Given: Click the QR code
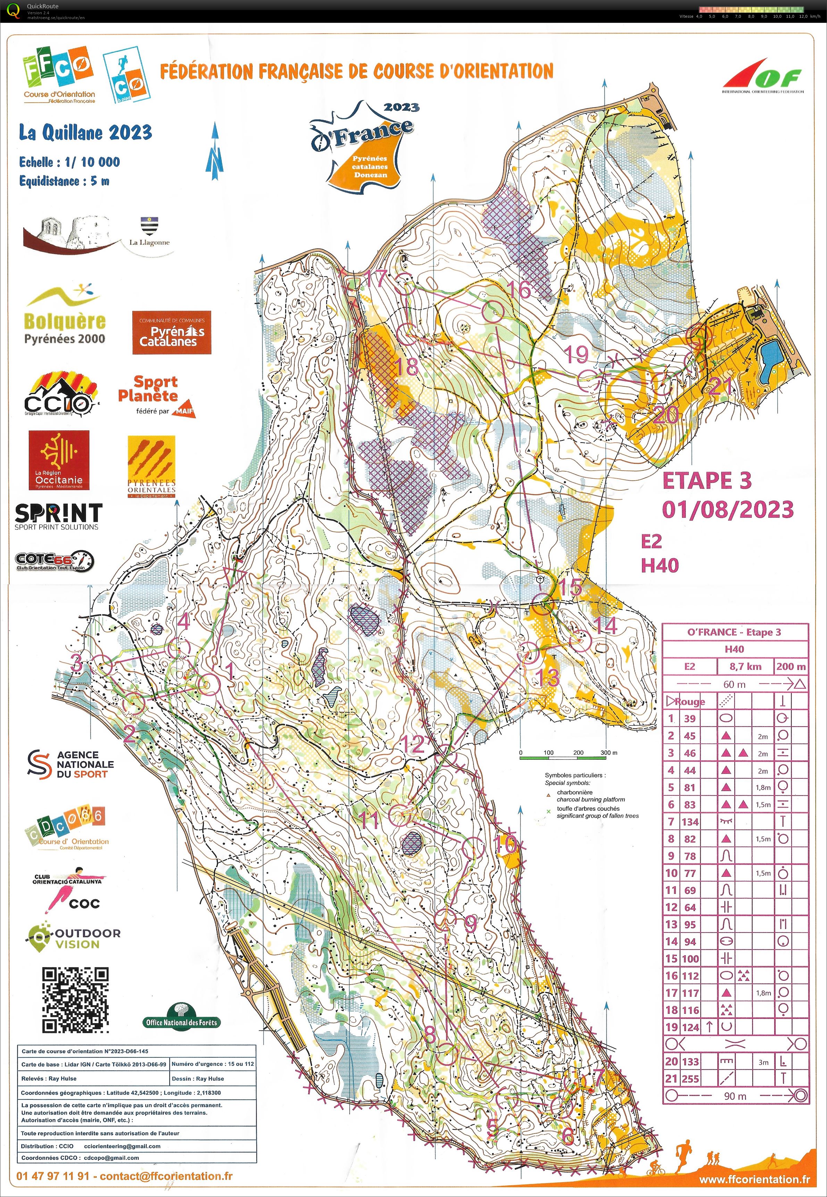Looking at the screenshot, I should pos(75,999).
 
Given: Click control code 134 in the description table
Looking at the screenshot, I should pos(690,821).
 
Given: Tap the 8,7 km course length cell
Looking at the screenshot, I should pos(745,666).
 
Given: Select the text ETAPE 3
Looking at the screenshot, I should pos(707,481).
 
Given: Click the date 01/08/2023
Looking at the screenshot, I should pos(727,509).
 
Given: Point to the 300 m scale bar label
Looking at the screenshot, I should pos(609,752).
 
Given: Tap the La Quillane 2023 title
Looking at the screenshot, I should pos(85,133).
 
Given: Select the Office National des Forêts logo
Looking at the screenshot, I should pos(181,1017).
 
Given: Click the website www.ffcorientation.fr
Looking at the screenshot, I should pos(754,1179).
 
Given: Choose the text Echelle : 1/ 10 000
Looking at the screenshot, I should pos(69,162).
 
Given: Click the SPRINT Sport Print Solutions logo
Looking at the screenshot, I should pos(58,516).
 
